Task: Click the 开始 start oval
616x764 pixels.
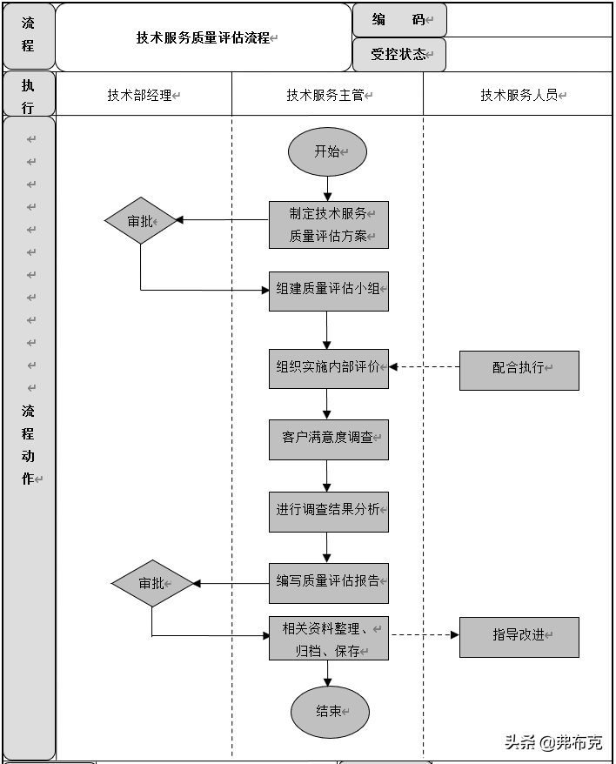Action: pyautogui.click(x=327, y=151)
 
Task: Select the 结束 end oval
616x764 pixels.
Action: pyautogui.click(x=330, y=712)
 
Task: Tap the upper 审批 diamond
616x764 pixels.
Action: pyautogui.click(x=141, y=221)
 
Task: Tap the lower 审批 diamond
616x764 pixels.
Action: pyautogui.click(x=152, y=583)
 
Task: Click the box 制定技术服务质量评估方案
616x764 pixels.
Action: pyautogui.click(x=328, y=225)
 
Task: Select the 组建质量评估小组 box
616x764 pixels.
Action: pyautogui.click(x=328, y=290)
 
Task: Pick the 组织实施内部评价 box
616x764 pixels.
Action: pyautogui.click(x=328, y=367)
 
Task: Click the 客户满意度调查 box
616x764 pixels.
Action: pyautogui.click(x=328, y=439)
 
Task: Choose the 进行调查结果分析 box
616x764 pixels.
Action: pyautogui.click(x=328, y=511)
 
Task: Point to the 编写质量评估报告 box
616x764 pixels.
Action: pyautogui.click(x=328, y=582)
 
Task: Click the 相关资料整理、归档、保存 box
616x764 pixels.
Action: pyautogui.click(x=328, y=639)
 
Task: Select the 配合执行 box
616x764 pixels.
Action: pyautogui.click(x=519, y=369)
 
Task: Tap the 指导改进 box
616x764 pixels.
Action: pyautogui.click(x=519, y=636)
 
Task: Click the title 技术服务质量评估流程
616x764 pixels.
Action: pyautogui.click(x=204, y=38)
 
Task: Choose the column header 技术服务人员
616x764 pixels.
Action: pyautogui.click(x=519, y=96)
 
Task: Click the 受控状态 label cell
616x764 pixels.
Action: pyautogui.click(x=399, y=55)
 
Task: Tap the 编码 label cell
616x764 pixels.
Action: pyautogui.click(x=399, y=20)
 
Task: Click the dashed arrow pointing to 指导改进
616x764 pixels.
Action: pyautogui.click(x=424, y=635)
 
